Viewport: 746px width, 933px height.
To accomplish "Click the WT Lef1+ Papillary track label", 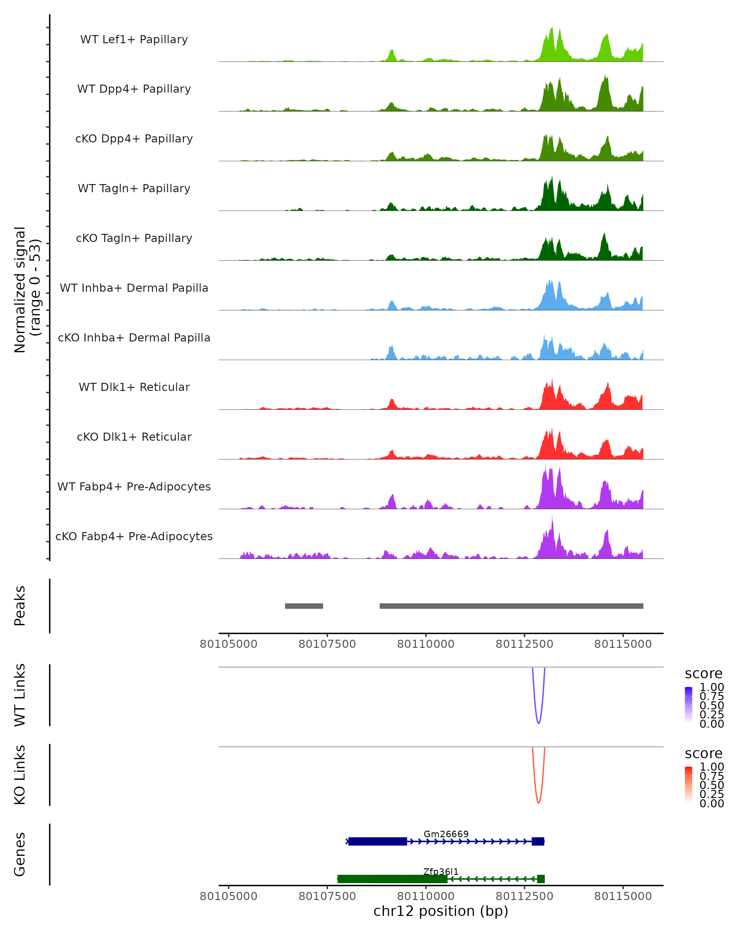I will coord(134,39).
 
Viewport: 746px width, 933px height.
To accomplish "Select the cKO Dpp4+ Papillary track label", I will coord(134,139).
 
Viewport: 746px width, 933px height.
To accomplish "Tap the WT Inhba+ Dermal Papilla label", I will coord(134,288).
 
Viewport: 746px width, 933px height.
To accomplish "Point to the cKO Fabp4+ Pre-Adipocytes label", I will coord(134,536).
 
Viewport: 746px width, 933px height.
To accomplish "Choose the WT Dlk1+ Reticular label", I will coord(134,387).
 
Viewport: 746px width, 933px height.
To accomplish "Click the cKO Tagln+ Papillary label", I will coord(134,239).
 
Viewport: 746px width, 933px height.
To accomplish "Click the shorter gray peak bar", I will coord(304,606).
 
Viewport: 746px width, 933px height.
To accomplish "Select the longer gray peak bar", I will coord(511,606).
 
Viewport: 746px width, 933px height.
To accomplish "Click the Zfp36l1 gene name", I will coord(441,871).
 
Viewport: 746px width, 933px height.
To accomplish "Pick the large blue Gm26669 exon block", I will coord(378,841).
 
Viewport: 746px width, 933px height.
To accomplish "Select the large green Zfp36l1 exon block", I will coord(392,879).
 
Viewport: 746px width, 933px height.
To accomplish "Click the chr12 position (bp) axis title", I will coord(441,911).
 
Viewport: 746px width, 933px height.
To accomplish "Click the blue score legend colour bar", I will coord(688,705).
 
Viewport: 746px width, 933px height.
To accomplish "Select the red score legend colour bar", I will coord(688,785).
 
